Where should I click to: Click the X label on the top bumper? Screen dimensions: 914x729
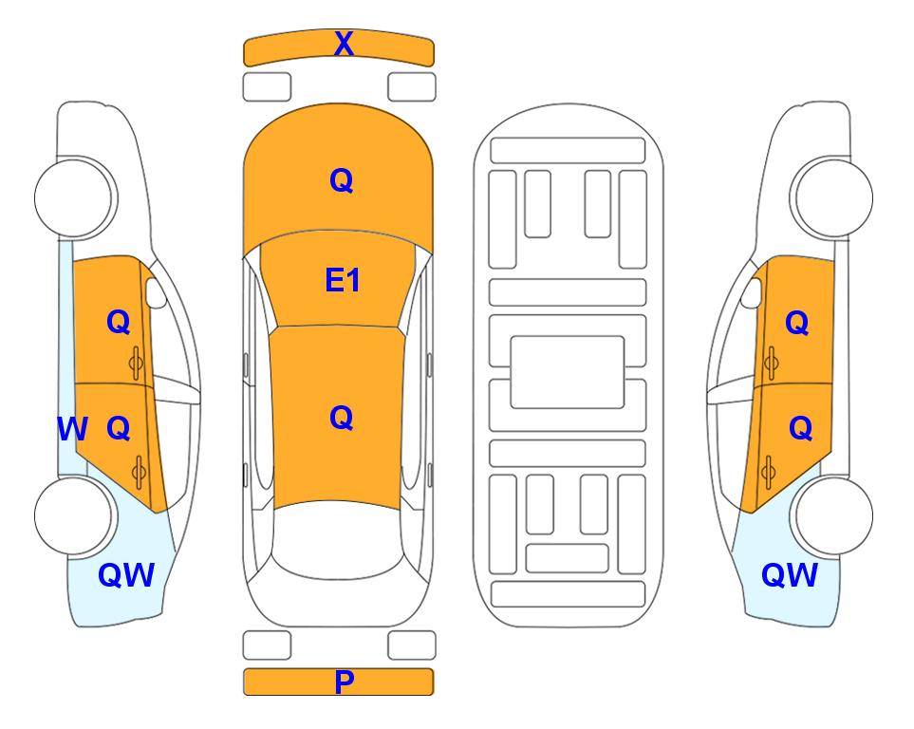(x=344, y=44)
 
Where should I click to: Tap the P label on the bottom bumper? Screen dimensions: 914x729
(x=344, y=682)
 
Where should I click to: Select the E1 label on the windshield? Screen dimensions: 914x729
(x=343, y=280)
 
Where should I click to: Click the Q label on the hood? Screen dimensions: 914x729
(x=342, y=180)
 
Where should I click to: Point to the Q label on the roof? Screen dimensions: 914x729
(x=342, y=418)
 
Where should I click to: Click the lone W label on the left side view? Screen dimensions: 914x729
(x=72, y=429)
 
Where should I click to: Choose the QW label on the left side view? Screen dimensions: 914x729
(x=126, y=575)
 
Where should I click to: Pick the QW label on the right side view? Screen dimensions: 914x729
(x=790, y=575)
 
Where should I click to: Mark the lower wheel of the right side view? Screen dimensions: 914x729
(x=833, y=515)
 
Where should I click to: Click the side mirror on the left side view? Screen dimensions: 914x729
(x=156, y=292)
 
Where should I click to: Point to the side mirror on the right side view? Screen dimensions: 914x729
(x=752, y=292)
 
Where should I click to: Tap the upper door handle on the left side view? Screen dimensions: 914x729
(x=137, y=364)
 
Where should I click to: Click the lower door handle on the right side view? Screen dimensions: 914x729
(x=769, y=473)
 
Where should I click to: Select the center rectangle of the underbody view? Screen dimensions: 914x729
(x=568, y=372)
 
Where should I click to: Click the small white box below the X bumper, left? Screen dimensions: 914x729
(x=267, y=87)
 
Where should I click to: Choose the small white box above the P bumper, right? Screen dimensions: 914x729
(x=412, y=645)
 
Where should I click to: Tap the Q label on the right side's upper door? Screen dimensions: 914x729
(x=797, y=323)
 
